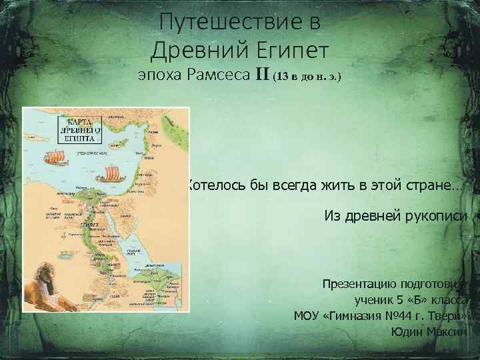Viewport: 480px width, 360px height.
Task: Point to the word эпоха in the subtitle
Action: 159,76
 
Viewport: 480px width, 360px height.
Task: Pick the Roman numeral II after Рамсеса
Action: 261,76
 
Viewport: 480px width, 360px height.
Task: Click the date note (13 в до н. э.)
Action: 307,77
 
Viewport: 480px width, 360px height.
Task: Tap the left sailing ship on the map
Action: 55,158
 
